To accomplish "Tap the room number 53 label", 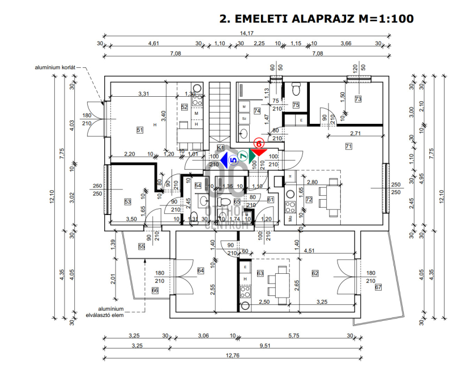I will click(x=127, y=202).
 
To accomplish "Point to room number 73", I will click(x=357, y=99).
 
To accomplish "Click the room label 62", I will click(x=315, y=273).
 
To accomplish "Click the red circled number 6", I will click(x=259, y=144).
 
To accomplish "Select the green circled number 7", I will click(x=243, y=156).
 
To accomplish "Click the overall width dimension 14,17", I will click(x=246, y=33).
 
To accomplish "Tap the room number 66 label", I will click(x=155, y=290).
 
